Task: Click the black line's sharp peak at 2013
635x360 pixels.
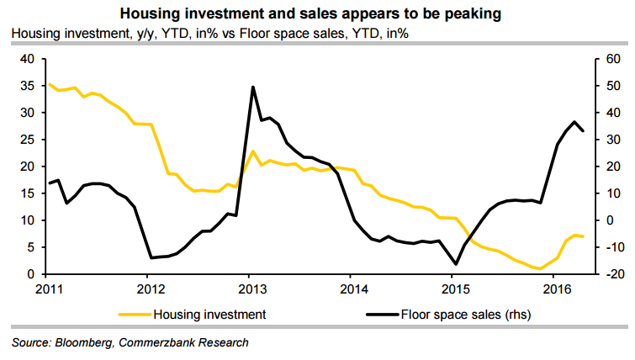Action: click(253, 87)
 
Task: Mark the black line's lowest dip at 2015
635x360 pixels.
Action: click(456, 264)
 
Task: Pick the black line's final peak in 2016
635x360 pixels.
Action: click(574, 122)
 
